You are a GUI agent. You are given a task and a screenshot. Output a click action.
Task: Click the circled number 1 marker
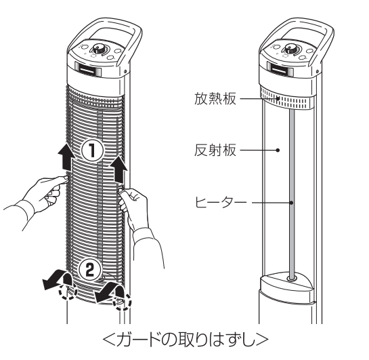(92, 151)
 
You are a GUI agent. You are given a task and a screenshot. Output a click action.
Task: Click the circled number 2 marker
(90, 271)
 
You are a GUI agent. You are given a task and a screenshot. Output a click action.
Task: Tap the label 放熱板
(215, 98)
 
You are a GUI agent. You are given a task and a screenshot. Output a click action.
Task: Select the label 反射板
(215, 150)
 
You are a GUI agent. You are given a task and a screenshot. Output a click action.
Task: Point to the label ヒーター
(221, 203)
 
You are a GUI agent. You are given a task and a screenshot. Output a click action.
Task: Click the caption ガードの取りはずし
(186, 340)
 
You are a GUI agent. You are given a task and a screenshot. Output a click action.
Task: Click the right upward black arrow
(120, 169)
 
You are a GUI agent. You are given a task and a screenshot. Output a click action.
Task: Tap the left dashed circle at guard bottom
(68, 291)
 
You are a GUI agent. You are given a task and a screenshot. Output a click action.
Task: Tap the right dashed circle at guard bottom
(122, 302)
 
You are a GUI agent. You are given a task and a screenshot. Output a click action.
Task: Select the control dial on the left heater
(97, 49)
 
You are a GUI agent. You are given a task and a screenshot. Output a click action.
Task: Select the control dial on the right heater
(290, 49)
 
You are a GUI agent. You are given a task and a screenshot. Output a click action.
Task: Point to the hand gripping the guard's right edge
(133, 205)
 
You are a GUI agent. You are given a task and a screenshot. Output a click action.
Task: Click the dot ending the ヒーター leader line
(292, 203)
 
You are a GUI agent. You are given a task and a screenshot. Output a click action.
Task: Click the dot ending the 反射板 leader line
(278, 150)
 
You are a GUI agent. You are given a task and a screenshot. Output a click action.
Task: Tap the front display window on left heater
(88, 70)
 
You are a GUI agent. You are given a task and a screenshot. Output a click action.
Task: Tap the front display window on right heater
(280, 70)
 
